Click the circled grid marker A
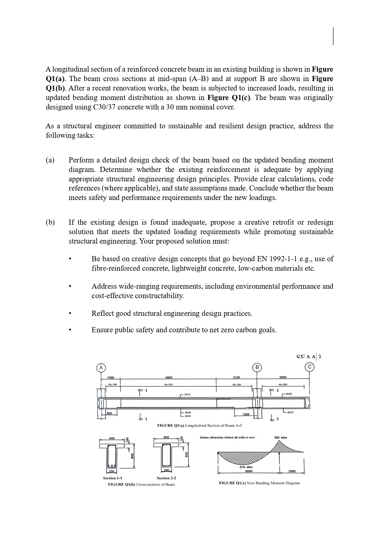click(101, 368)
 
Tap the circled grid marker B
click(257, 367)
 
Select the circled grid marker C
click(310, 367)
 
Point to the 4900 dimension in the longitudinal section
click(169, 377)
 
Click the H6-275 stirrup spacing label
click(169, 385)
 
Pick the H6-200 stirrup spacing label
click(283, 385)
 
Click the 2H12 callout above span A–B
click(187, 394)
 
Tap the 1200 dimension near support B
click(246, 414)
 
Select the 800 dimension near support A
click(109, 413)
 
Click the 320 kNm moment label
click(281, 437)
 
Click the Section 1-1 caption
click(112, 478)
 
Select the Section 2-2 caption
click(166, 478)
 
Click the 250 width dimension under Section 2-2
click(166, 471)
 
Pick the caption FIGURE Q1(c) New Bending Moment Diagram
click(259, 483)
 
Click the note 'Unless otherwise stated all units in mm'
click(227, 438)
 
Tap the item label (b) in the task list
click(50, 222)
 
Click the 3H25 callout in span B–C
click(289, 394)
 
